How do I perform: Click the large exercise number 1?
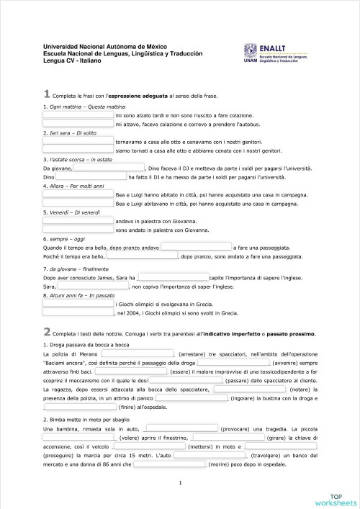click(47, 94)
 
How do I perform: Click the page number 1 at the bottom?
click(179, 492)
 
